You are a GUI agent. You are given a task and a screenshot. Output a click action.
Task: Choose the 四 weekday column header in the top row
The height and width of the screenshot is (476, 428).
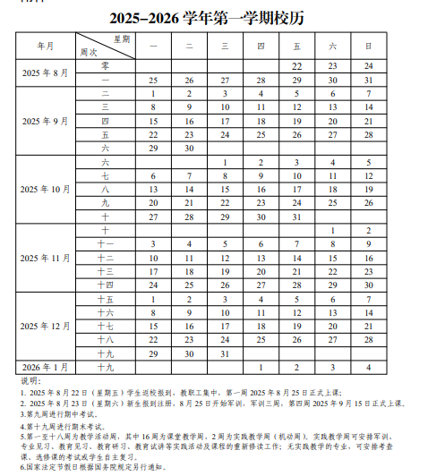(261, 45)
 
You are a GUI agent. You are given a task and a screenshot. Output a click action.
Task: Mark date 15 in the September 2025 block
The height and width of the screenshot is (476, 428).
(153, 120)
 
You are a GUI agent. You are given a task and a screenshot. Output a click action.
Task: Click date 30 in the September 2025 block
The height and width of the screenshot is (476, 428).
(189, 148)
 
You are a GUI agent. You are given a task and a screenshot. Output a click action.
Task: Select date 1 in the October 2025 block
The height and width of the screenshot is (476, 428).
(225, 162)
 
